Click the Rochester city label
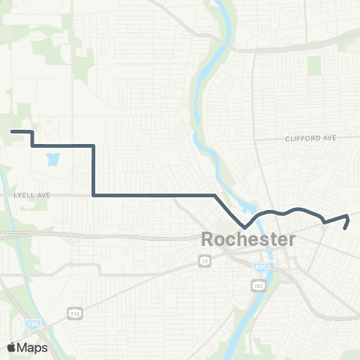[248, 241]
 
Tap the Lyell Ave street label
[32, 195]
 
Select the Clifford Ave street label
[311, 139]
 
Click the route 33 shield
[205, 260]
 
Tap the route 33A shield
[73, 313]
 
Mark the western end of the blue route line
[11, 132]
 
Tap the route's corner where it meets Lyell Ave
[93, 196]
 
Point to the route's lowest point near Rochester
[244, 226]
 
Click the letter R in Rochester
[208, 241]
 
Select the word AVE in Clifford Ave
[329, 139]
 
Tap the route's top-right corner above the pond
[93, 145]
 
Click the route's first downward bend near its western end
[31, 133]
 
